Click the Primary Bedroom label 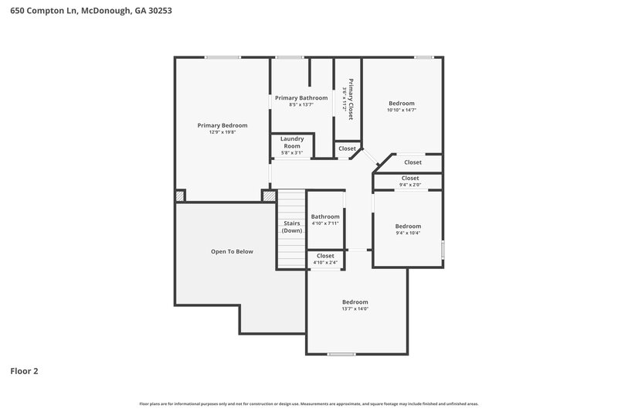coord(222,125)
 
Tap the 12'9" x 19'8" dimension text coord(222,132)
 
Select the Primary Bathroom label coord(301,97)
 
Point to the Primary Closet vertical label coord(351,98)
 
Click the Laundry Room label coord(291,142)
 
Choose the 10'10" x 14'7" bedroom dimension coord(402,110)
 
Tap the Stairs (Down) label coord(292,226)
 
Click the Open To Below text coord(232,251)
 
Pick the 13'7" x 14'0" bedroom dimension coord(355,308)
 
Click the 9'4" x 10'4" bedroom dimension coord(408,233)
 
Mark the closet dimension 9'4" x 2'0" coord(410,185)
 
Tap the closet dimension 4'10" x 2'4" coord(325,262)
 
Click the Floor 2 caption coord(24,371)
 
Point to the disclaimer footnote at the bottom coord(309,403)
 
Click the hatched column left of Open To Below coord(180,196)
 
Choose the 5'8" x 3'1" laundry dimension coord(291,152)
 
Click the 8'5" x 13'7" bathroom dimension coord(301,104)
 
